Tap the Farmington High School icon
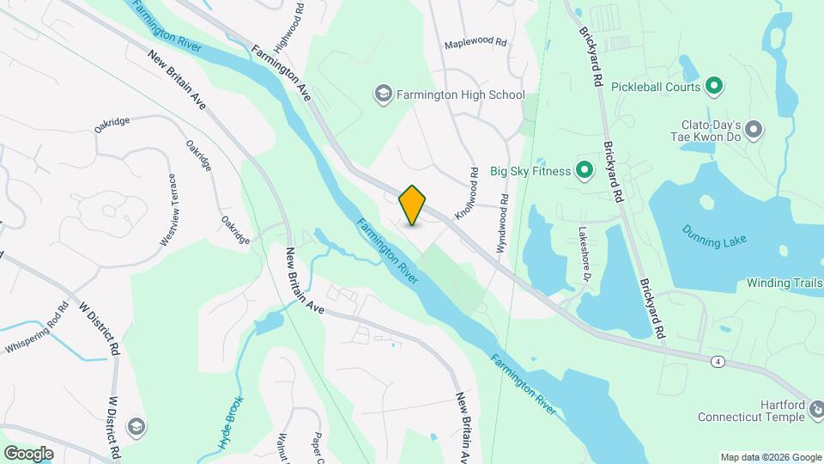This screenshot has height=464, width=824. pyautogui.click(x=383, y=94)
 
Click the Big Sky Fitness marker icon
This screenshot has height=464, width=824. pyautogui.click(x=585, y=170)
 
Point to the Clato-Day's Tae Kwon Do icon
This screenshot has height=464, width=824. pyautogui.click(x=754, y=130)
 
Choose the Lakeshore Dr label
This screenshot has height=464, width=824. pyautogui.click(x=585, y=255)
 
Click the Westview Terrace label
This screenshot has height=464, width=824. pyautogui.click(x=167, y=210)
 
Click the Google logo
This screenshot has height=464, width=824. pyautogui.click(x=27, y=454)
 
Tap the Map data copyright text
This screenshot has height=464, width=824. pyautogui.click(x=770, y=457)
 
